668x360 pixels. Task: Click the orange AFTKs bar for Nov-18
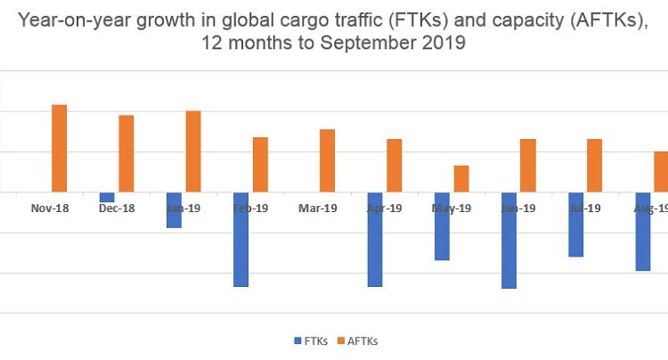coord(59,148)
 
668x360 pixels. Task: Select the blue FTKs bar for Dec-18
coord(107,197)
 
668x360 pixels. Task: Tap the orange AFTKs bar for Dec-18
coord(126,153)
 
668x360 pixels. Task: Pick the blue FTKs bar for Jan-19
coord(174,209)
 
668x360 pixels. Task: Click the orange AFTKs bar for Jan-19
coord(193,151)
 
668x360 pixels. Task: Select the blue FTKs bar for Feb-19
coord(240,239)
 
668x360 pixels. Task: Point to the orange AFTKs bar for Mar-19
coord(327,160)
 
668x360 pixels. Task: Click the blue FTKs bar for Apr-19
coord(374,239)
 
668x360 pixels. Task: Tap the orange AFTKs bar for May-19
coord(460,178)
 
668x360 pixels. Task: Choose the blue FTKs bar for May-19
coord(442,225)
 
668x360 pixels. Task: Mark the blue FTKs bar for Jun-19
coord(509,240)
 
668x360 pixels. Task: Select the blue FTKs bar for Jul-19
coord(575,224)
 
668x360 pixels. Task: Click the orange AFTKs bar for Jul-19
coord(594,165)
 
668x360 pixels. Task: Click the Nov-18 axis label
coord(50,208)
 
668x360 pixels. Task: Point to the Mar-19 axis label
coord(317,208)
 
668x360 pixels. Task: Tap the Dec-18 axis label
coord(117,208)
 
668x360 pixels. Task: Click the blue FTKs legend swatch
coord(296,340)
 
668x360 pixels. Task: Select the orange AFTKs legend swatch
coord(339,340)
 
